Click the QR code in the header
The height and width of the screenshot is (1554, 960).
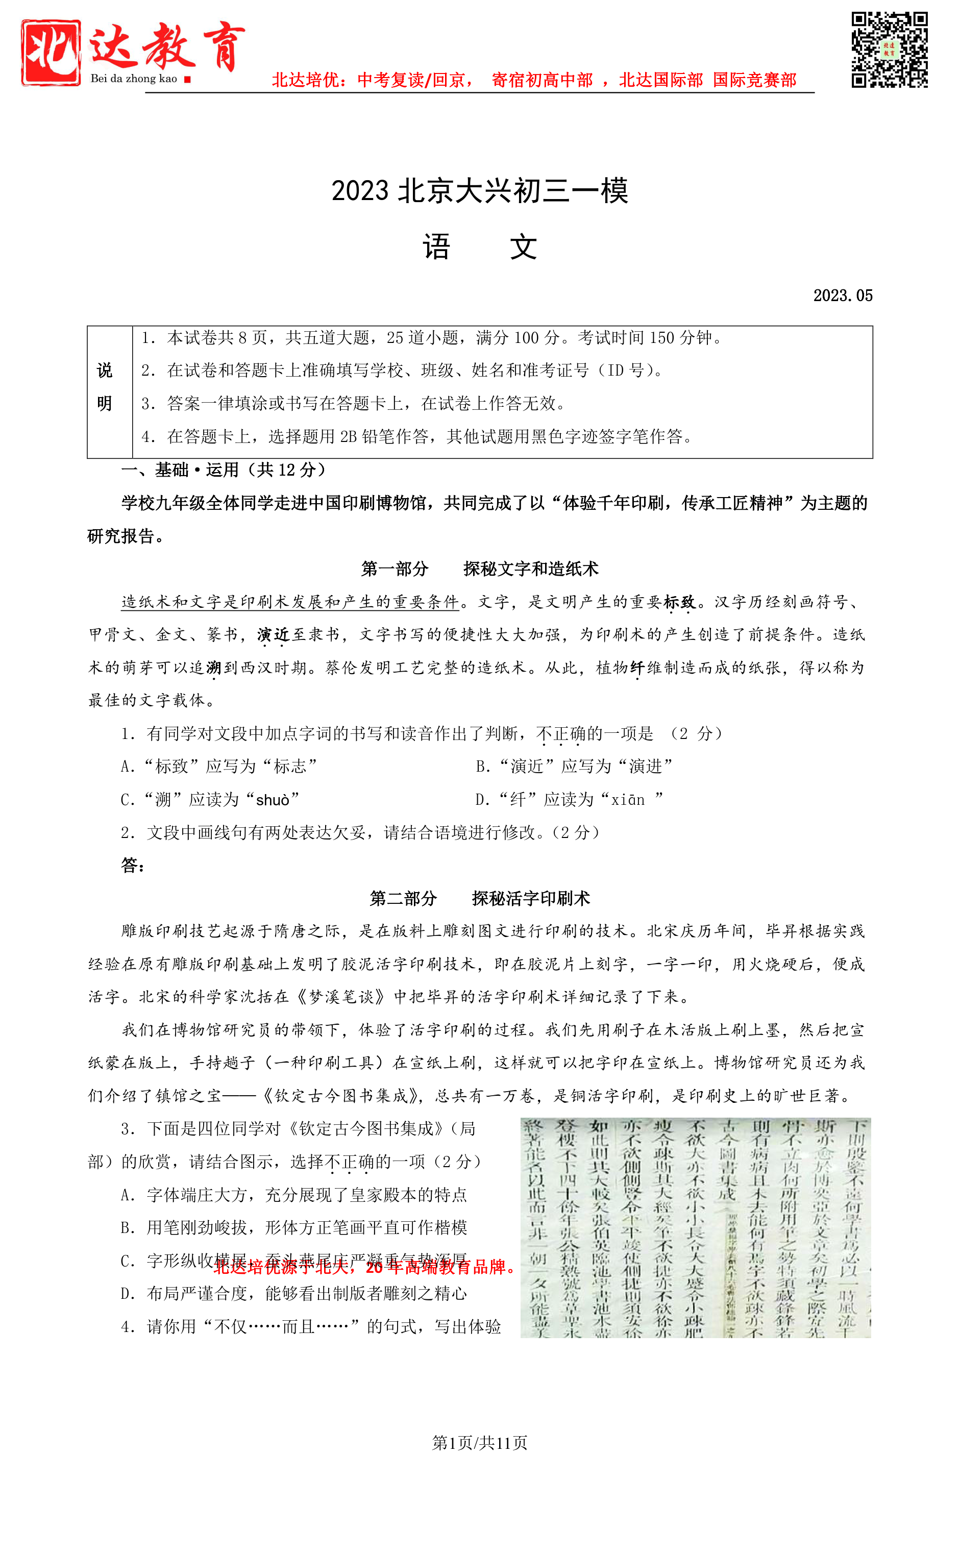click(x=889, y=50)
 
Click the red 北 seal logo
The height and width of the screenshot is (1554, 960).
click(x=51, y=52)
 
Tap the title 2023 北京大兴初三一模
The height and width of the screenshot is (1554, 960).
click(x=479, y=191)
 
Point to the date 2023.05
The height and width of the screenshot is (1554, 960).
click(x=843, y=296)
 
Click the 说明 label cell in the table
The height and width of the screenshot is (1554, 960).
click(x=105, y=387)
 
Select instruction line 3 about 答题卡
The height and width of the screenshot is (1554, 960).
click(x=353, y=404)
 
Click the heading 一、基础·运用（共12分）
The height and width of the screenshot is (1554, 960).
click(x=224, y=471)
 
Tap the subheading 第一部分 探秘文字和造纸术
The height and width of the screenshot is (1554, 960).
click(x=479, y=570)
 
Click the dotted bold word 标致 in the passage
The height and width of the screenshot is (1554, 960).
click(x=679, y=602)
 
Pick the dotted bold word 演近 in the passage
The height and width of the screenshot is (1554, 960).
click(x=273, y=635)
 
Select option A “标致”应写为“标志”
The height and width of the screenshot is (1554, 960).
click(x=219, y=767)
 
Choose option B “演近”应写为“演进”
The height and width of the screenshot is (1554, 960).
click(x=574, y=767)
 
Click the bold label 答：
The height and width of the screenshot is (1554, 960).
click(x=133, y=866)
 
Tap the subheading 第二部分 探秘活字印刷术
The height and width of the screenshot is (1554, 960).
click(x=479, y=899)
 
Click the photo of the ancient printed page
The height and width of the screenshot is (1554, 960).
click(x=695, y=1228)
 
